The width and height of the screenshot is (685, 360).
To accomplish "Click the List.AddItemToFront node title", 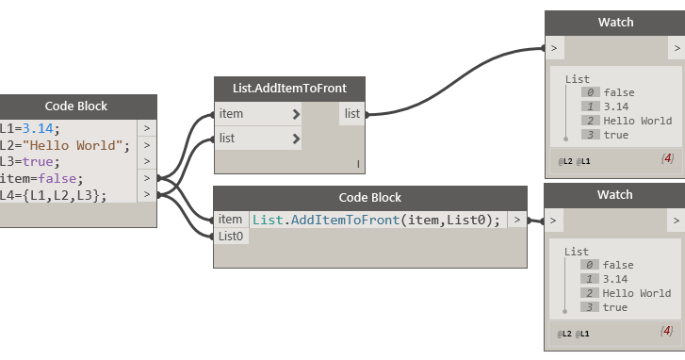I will [x=289, y=88].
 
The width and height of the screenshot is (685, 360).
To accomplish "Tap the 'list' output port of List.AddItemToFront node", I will [x=351, y=114].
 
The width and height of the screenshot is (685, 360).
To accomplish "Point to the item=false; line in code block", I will [x=41, y=178].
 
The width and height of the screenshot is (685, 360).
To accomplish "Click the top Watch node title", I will [x=615, y=22].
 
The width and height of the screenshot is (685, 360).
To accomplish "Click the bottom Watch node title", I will [x=615, y=196].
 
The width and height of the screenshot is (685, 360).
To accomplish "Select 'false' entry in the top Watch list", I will [x=618, y=92].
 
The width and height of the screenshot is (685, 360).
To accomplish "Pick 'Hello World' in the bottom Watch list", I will [x=637, y=293].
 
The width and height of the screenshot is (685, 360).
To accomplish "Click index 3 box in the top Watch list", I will [x=590, y=135].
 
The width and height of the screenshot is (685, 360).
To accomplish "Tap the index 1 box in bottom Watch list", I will [x=590, y=279].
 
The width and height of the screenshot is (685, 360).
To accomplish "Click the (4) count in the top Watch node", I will [x=666, y=156].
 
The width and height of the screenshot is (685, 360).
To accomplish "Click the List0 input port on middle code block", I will [x=231, y=237].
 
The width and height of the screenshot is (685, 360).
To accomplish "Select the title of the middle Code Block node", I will [x=369, y=197].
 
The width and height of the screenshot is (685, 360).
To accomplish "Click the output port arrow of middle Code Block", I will [x=516, y=220].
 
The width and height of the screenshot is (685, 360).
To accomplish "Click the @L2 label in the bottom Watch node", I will [x=565, y=335].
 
